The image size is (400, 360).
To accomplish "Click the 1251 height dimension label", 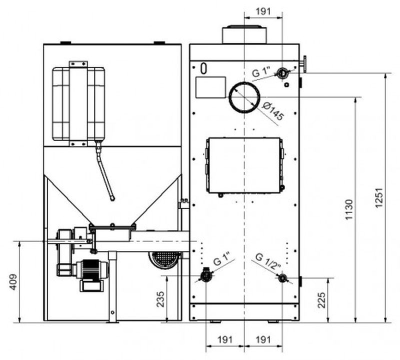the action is [x=379, y=197].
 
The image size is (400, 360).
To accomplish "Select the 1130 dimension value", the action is [x=348, y=209].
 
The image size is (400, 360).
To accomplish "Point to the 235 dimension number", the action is [x=160, y=299].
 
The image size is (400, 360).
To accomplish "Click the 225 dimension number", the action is [x=321, y=300].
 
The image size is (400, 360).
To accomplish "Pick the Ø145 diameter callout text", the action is [x=273, y=111].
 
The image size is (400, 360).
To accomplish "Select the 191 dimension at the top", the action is [x=263, y=11].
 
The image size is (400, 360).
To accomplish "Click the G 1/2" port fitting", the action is [x=282, y=278].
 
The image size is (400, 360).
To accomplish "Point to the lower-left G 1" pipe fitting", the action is [x=205, y=275].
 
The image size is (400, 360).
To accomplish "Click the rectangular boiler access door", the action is [x=244, y=165].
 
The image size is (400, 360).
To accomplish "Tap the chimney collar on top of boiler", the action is [x=244, y=34].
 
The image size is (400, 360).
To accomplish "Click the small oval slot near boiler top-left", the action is [x=203, y=68].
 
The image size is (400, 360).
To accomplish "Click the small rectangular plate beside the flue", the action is [x=210, y=87].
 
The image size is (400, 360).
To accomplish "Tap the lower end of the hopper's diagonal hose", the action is [x=112, y=199].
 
